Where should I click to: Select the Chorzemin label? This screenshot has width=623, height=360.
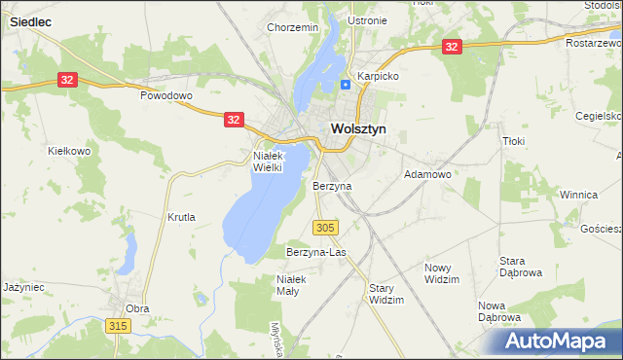pos(293,27)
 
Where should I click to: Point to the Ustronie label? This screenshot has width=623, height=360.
pos(367,20)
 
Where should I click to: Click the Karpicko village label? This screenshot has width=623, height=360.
pos(378,75)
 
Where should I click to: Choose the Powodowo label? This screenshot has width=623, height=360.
pos(166,96)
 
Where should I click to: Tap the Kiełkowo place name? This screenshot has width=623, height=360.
pos(69,151)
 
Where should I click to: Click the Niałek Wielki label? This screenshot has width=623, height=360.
pos(267,161)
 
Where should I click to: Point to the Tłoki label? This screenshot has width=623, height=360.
pos(513,141)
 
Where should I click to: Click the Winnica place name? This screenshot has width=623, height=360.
pos(577,195)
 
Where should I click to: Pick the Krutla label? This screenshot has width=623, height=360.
pos(181,217)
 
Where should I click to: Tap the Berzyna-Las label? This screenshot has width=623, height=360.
pos(316,252)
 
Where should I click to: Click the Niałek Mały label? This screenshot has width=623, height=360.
pos(291,285)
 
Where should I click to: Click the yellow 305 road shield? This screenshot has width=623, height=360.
pos(326,227)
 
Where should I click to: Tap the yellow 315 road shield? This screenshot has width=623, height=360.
pos(119,325)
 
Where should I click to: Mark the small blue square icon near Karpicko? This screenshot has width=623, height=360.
pos(346,84)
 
